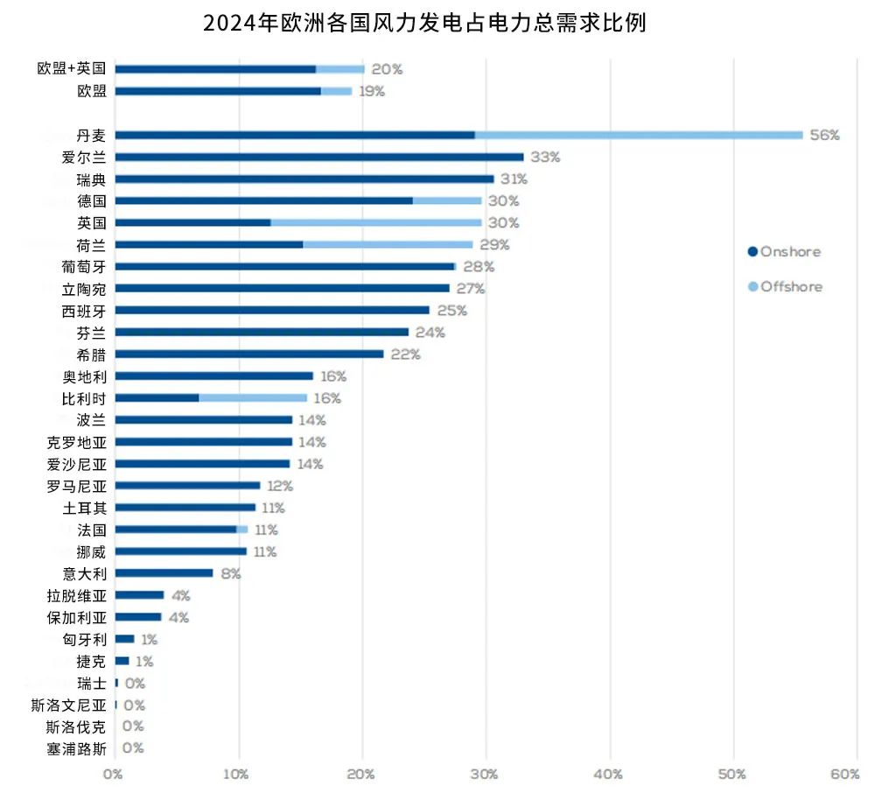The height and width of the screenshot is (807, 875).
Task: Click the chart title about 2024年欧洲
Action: pyautogui.click(x=424, y=23)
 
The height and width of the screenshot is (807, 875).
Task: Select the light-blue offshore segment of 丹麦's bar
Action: pyautogui.click(x=638, y=135)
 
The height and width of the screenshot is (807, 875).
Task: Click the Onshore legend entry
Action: pyautogui.click(x=784, y=252)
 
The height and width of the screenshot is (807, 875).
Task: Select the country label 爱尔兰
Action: pyautogui.click(x=84, y=157)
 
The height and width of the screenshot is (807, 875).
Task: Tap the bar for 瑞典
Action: pyautogui.click(x=304, y=179)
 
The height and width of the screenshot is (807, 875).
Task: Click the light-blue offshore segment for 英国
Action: pyautogui.click(x=375, y=222)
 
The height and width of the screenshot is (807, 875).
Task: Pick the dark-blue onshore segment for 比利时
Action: pyautogui.click(x=157, y=397)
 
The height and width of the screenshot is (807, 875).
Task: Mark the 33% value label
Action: pyautogui.click(x=545, y=158)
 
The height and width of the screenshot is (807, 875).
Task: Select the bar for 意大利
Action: pyautogui.click(x=164, y=573)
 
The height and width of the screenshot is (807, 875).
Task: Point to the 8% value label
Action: pyautogui.click(x=231, y=574)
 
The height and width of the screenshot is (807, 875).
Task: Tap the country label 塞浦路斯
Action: pyautogui.click(x=77, y=748)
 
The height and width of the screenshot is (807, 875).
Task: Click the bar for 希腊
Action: pyautogui.click(x=248, y=354)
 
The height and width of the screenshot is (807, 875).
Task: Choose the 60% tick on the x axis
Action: pyautogui.click(x=845, y=774)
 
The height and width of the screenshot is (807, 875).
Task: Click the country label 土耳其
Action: pyautogui.click(x=84, y=508)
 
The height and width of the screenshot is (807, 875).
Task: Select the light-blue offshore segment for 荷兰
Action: pyautogui.click(x=388, y=244)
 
